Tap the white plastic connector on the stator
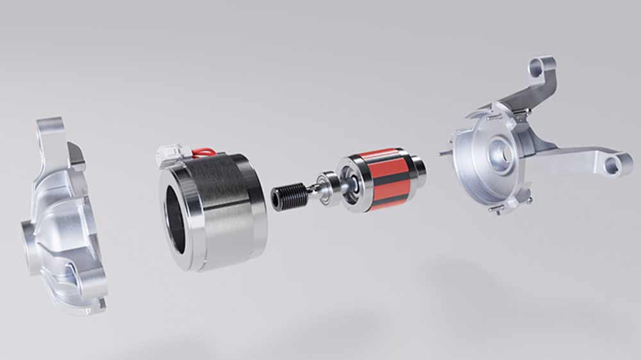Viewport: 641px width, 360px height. point(169,154)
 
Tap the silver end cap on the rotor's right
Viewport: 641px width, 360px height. point(417,167)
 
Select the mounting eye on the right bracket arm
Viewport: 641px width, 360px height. point(613,165)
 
